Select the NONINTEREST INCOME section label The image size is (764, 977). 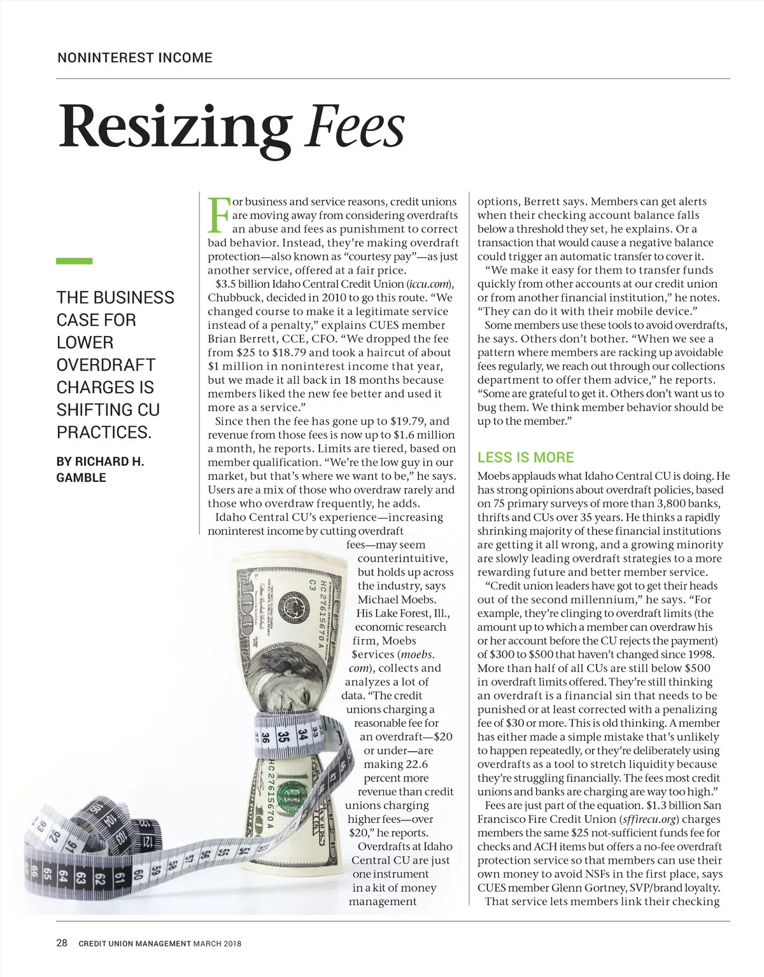(x=134, y=58)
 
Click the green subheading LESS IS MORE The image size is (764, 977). (x=525, y=457)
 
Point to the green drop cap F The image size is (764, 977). (x=218, y=214)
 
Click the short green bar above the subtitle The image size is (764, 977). (x=74, y=260)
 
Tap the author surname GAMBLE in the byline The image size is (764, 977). (x=81, y=477)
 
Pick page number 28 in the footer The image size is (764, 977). (x=62, y=943)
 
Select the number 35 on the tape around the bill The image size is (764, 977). (x=283, y=736)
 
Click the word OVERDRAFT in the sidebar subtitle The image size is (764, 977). (x=106, y=365)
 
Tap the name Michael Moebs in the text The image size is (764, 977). (x=397, y=600)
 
